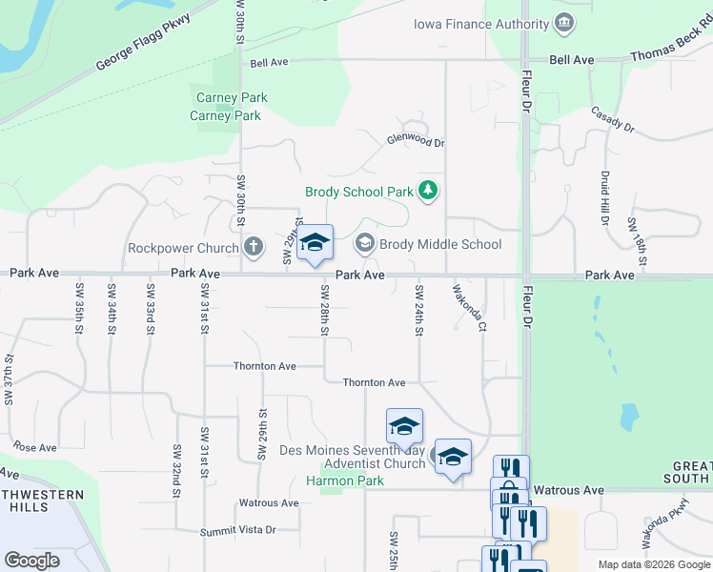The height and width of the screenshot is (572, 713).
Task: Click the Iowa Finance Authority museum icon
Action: [563, 23]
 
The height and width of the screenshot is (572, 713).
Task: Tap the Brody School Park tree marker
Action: [428, 192]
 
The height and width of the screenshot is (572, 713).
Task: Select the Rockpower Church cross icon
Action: [253, 248]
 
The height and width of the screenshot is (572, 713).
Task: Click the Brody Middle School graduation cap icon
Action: [364, 244]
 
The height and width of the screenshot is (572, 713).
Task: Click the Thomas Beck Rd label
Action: [671, 57]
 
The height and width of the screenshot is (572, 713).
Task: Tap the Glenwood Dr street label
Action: [416, 141]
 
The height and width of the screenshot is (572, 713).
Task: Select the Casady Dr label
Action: [612, 117]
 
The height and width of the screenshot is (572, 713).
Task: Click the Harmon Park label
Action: [344, 480]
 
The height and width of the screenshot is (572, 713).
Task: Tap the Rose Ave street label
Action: [35, 447]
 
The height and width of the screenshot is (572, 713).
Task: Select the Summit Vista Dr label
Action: [237, 530]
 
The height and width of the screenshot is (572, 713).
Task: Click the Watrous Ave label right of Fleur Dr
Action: [568, 490]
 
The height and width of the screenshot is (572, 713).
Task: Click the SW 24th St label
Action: [418, 310]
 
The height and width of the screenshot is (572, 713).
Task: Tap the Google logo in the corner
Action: [31, 560]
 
